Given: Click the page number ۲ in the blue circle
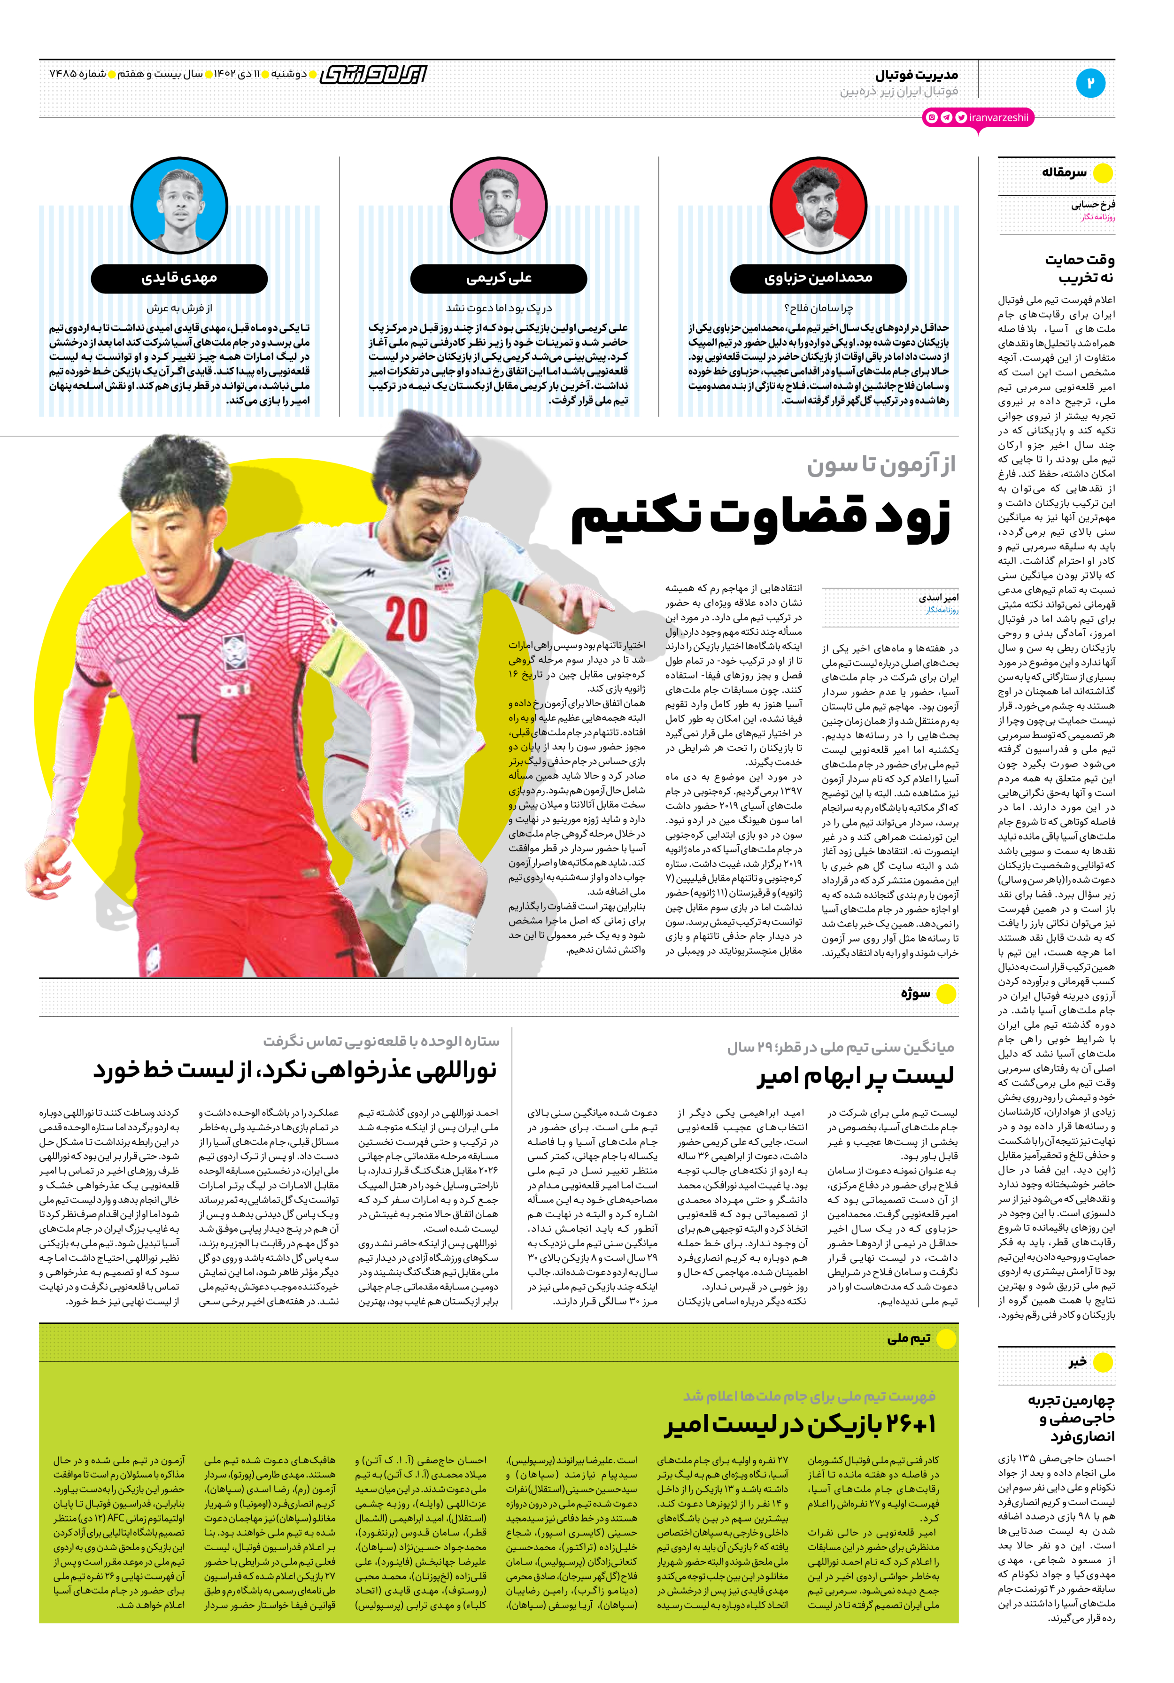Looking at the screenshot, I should [1090, 82].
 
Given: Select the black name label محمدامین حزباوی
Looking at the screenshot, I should [818, 278].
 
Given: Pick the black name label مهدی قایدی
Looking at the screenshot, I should [179, 278].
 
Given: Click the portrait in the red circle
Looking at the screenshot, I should [819, 205].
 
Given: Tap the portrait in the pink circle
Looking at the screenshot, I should [499, 205].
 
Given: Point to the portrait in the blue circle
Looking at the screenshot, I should [179, 205].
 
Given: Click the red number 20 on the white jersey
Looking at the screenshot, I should [407, 619].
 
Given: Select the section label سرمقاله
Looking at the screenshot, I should [1064, 173].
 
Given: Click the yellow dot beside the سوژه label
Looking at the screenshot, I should [946, 994].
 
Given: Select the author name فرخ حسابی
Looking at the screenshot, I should [1093, 205].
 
